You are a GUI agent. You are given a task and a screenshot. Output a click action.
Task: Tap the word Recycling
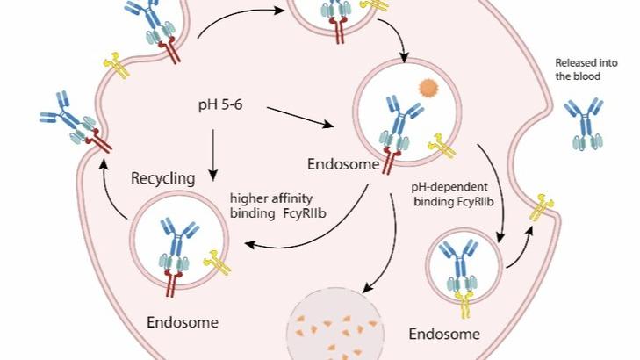pos(162,179)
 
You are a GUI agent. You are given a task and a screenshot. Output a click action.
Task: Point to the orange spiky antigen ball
pos(428,89)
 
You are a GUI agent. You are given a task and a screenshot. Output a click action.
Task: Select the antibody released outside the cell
pos(584,121)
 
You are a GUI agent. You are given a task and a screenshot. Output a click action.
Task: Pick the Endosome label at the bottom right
pos(445,334)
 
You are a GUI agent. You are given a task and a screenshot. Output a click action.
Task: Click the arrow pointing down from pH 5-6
pos(213,148)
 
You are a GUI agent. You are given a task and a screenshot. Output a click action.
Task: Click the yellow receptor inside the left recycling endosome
pos(214,260)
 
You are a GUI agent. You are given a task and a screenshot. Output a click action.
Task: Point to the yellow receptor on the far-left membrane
pos(116,63)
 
